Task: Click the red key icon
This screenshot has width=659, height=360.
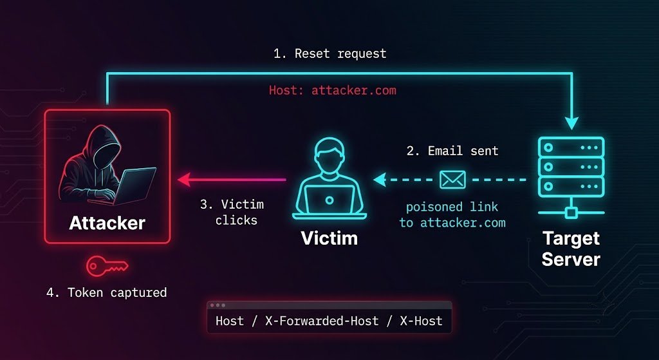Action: click(107, 266)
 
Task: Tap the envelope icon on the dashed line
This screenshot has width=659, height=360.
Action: click(452, 180)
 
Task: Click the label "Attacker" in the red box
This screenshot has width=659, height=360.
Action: click(107, 223)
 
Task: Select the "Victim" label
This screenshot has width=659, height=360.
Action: click(329, 238)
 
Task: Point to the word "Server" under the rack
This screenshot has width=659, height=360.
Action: click(571, 259)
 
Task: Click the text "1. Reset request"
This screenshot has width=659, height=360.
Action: click(329, 54)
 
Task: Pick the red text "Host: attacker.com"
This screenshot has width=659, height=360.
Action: click(333, 90)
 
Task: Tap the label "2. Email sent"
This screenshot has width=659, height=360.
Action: click(452, 151)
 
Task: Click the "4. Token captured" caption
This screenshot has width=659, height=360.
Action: click(107, 293)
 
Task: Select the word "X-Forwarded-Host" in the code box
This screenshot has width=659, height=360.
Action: click(322, 321)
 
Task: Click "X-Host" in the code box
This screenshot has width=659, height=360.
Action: click(421, 321)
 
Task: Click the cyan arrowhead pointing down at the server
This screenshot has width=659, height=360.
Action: click(571, 122)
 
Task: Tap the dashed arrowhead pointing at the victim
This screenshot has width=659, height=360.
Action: click(380, 180)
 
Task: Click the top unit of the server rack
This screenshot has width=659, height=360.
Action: click(571, 147)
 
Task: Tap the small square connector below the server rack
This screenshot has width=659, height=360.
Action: click(571, 213)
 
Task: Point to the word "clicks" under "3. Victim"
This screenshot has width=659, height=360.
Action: click(236, 220)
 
